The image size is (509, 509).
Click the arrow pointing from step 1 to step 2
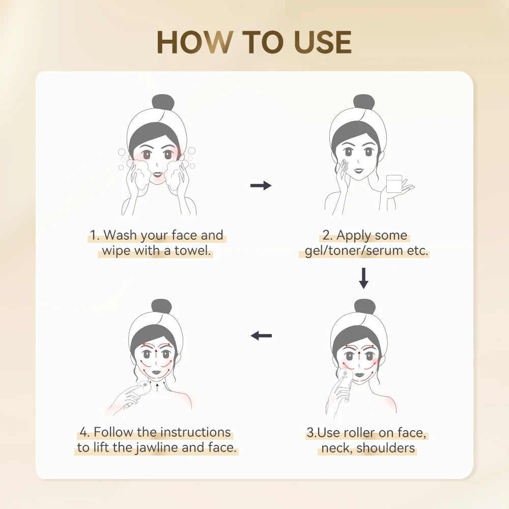261,186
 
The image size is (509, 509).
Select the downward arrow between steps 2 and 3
363,278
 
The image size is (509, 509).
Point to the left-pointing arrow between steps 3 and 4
262,335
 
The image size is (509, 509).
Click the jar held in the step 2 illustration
394,183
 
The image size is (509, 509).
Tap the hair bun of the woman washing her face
163,102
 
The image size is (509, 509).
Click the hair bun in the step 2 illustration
364,102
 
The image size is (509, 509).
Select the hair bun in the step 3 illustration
364,306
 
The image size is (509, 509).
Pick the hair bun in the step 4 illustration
161,306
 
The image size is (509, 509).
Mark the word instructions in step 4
195,432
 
